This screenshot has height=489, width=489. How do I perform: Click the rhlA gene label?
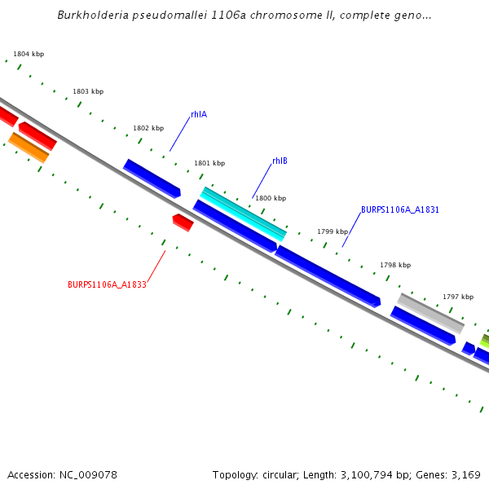pyautogui.click(x=199, y=115)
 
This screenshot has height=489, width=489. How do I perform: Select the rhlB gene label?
pyautogui.click(x=280, y=161)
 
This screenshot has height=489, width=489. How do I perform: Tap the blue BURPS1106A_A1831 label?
pyautogui.click(x=400, y=209)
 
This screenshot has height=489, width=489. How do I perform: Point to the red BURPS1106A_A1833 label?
pyautogui.click(x=107, y=285)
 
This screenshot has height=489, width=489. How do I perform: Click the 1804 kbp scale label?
pyautogui.click(x=29, y=54)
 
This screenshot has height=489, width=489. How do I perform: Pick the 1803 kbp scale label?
pyautogui.click(x=88, y=92)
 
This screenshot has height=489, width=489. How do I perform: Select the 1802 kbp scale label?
pyautogui.click(x=148, y=128)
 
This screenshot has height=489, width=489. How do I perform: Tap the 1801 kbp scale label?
pyautogui.click(x=209, y=163)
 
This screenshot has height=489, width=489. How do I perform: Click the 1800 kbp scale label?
pyautogui.click(x=271, y=198)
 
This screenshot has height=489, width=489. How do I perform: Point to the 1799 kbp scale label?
pyautogui.click(x=333, y=231)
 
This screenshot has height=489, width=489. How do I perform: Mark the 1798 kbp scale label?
pyautogui.click(x=395, y=265)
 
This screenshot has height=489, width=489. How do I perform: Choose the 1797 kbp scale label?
pyautogui.click(x=458, y=297)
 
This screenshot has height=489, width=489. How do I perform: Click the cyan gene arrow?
pyautogui.click(x=244, y=214)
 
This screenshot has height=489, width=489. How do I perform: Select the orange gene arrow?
pyautogui.click(x=29, y=147)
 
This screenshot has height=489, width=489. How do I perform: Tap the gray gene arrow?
pyautogui.click(x=430, y=313)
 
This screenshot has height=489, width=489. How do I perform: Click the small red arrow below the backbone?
pyautogui.click(x=183, y=222)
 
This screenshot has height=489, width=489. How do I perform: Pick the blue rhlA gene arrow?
pyautogui.click(x=152, y=178)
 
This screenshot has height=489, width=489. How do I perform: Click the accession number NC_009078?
pyautogui.click(x=89, y=474)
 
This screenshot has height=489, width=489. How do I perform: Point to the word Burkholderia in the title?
pyautogui.click(x=92, y=15)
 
